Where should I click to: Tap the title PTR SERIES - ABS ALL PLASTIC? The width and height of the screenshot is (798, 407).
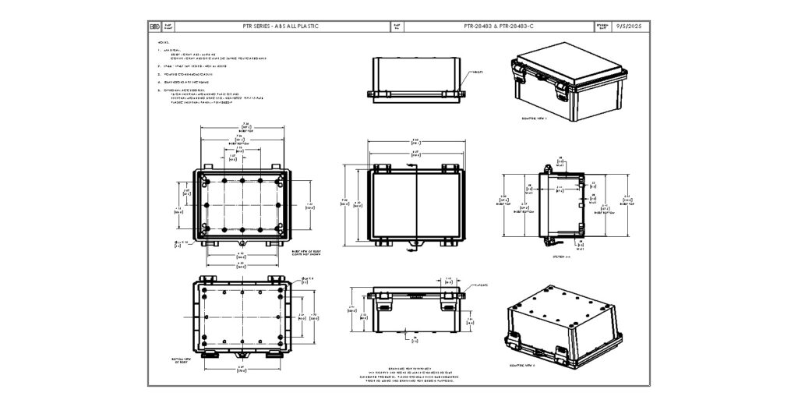(281, 27)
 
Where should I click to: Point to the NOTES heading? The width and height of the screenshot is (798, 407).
(163, 42)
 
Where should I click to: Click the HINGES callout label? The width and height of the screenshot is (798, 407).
(477, 72)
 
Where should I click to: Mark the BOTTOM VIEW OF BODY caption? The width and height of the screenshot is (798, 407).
(181, 360)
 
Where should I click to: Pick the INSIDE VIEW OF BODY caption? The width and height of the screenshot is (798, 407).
(307, 253)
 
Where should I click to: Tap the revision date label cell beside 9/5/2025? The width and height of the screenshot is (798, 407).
(602, 27)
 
